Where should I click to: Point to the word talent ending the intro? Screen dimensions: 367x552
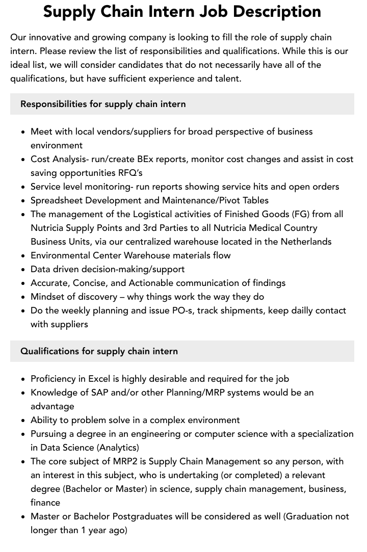[226, 78]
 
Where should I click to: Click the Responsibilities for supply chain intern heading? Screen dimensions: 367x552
[103, 104]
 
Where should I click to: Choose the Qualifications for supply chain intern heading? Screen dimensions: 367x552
[99, 351]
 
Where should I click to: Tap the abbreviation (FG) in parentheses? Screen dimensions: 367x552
[297, 214]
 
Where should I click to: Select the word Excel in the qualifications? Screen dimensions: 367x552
[99, 379]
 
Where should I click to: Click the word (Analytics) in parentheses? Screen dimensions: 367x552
[118, 448]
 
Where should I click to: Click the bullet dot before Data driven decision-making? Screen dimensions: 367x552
[23, 270]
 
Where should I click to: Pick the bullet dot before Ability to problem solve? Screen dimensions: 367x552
[23, 420]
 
